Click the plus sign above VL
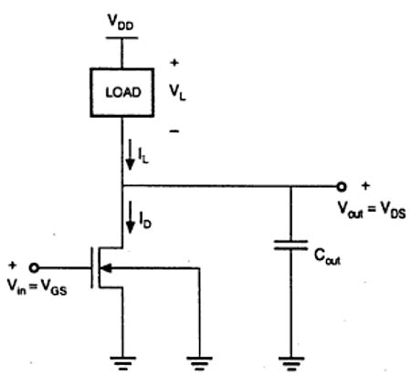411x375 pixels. (174, 66)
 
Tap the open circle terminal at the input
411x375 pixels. (35, 267)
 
